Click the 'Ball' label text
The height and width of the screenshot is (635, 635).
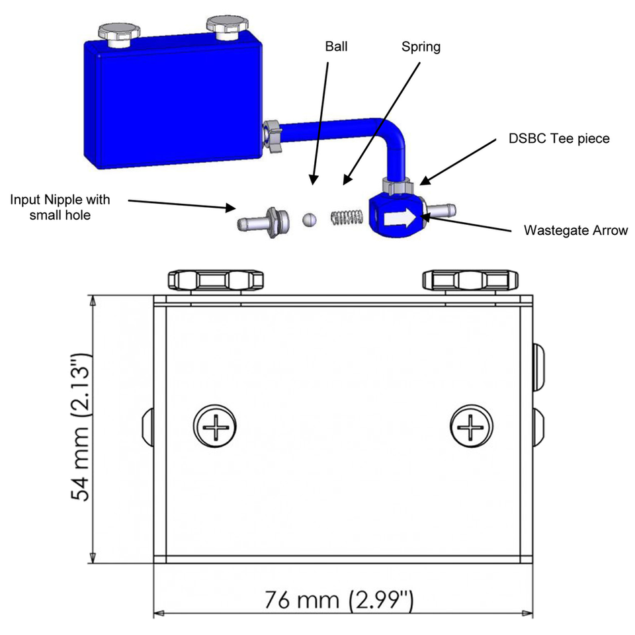click(x=336, y=47)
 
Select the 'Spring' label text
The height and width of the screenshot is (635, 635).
click(x=421, y=47)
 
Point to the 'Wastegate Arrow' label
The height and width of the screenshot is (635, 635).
click(x=575, y=231)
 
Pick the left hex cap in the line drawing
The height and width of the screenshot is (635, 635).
click(x=216, y=280)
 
